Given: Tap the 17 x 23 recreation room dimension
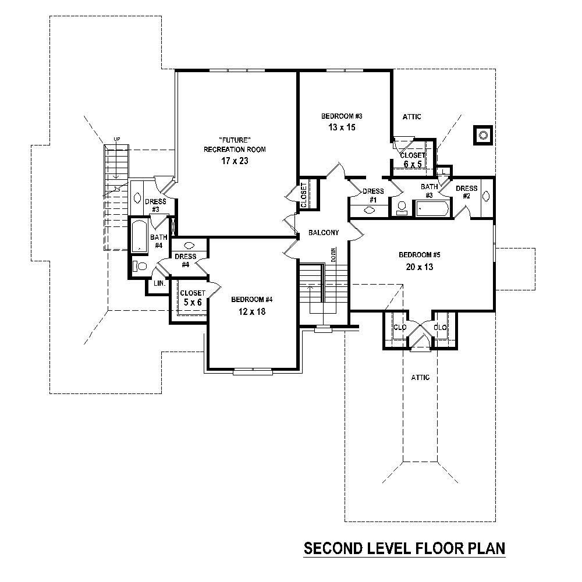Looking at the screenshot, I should pyautogui.click(x=235, y=161).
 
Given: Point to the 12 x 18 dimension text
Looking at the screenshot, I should pyautogui.click(x=251, y=311).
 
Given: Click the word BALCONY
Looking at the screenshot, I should pyautogui.click(x=324, y=233).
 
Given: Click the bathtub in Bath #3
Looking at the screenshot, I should pyautogui.click(x=431, y=208).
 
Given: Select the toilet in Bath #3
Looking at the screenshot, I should pyautogui.click(x=402, y=208).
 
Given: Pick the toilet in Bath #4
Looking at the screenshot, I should pyautogui.click(x=140, y=267).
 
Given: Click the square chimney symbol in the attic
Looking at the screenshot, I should pyautogui.click(x=483, y=136).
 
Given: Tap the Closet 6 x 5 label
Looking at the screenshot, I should pyautogui.click(x=412, y=159).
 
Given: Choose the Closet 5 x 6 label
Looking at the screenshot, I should pyautogui.click(x=191, y=297).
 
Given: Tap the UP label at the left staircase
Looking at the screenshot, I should pyautogui.click(x=116, y=139).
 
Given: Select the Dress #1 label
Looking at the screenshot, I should pyautogui.click(x=372, y=195).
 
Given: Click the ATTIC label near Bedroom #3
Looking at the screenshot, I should pyautogui.click(x=411, y=117).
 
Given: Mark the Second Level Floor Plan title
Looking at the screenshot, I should pyautogui.click(x=404, y=548).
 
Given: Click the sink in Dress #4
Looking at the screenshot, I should pyautogui.click(x=189, y=246).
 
